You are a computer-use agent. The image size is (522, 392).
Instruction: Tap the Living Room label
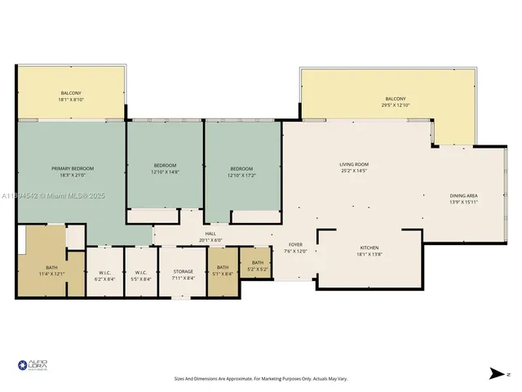point(354,165)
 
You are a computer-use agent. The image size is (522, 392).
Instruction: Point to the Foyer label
point(294,245)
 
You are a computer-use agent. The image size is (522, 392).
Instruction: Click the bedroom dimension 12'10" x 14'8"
point(165,172)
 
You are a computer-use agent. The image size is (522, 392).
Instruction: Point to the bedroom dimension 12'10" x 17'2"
point(241,172)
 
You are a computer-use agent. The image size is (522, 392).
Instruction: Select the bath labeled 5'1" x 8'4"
point(222,273)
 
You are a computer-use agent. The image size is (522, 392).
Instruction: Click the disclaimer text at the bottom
point(260,378)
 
